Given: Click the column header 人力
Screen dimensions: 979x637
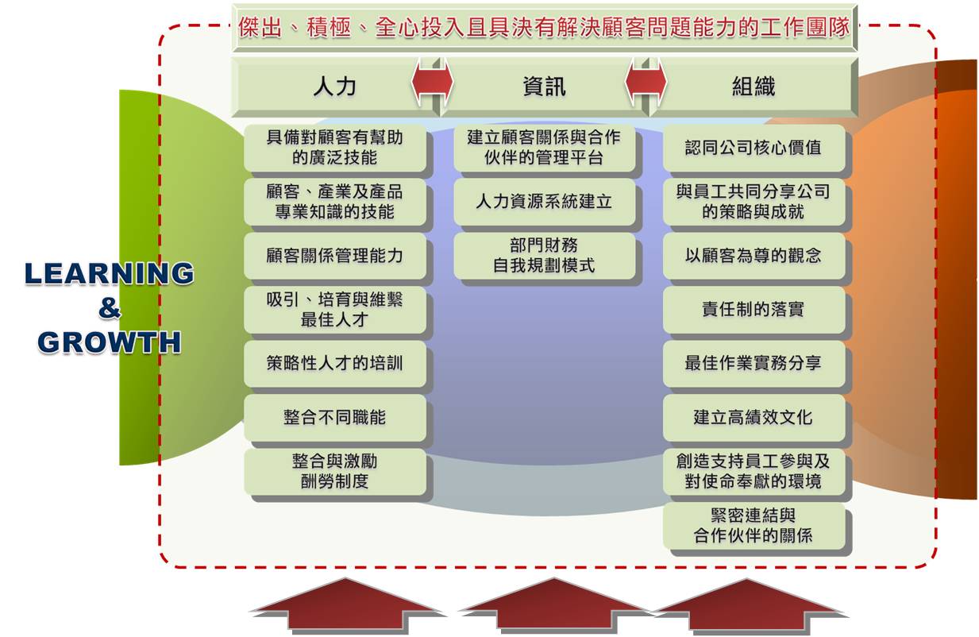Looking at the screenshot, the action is coord(335,86).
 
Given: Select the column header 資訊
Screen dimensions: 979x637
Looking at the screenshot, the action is coord(544,86).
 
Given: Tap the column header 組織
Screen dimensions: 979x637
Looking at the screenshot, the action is coord(753,86).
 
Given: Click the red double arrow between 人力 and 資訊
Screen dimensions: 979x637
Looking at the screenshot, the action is coord(432,82).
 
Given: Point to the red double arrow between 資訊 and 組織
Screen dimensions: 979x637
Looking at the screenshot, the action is coord(646,82).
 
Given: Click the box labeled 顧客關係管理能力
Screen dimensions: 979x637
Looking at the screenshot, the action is coord(335,256).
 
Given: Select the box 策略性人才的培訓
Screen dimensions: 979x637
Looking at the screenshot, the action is coord(335,363).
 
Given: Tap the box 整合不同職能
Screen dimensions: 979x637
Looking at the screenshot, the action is coord(335,418).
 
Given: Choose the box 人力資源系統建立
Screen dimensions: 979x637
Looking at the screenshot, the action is coord(544,202).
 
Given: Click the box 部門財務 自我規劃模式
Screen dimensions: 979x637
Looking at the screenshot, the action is coord(544,256).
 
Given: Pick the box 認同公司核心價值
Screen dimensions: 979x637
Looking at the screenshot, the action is coord(754,148).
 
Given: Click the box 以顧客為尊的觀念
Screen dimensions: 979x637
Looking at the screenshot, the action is coord(754,256).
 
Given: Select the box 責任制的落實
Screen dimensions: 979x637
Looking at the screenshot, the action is coord(754,310).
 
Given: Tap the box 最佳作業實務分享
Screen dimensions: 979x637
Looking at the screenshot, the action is coord(754,363).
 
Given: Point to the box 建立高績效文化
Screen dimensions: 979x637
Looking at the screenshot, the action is coord(754,418).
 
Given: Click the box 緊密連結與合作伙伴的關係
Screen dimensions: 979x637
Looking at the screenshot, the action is coord(754,526).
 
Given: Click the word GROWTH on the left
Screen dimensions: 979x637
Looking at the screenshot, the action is coord(110,342).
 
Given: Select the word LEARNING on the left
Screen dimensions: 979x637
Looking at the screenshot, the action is coord(110,273).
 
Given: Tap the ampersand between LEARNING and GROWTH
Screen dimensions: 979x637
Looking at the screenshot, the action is coord(110,308).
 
